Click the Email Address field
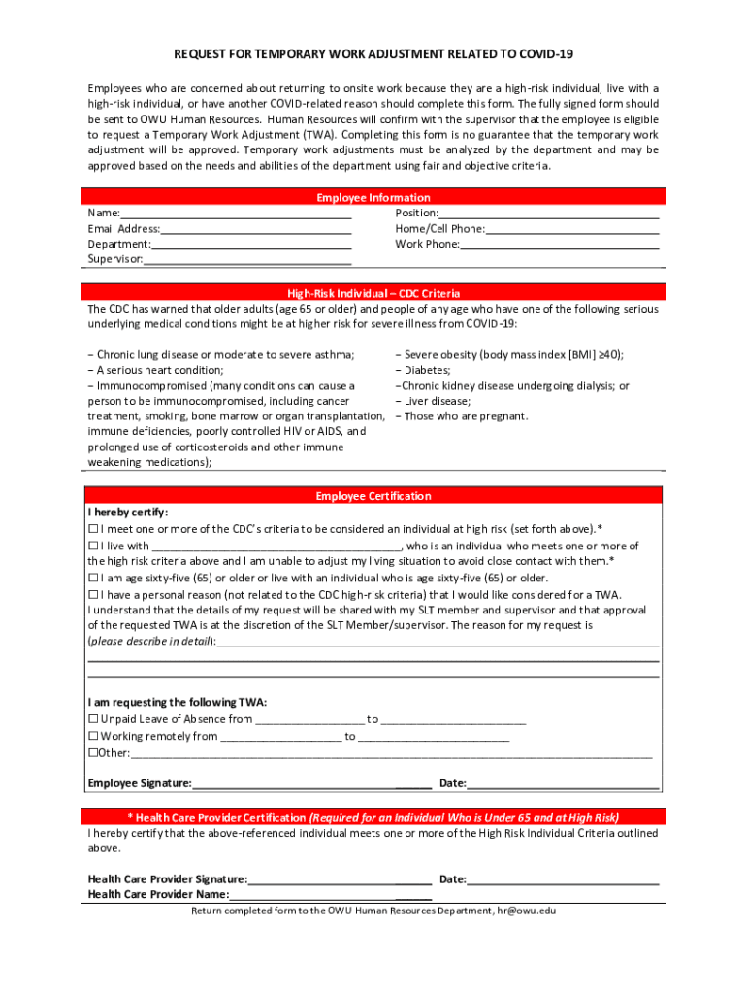point(256,229)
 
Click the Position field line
point(548,214)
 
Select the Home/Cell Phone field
point(572,229)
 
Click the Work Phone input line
point(559,245)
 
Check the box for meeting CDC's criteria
point(93,529)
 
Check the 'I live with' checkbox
point(93,546)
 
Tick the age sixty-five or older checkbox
point(93,578)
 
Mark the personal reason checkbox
point(93,594)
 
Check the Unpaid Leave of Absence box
point(93,719)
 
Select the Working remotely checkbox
point(93,736)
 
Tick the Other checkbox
point(92,753)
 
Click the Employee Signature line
point(310,783)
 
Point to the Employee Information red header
point(373,198)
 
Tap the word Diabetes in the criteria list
point(427,370)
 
